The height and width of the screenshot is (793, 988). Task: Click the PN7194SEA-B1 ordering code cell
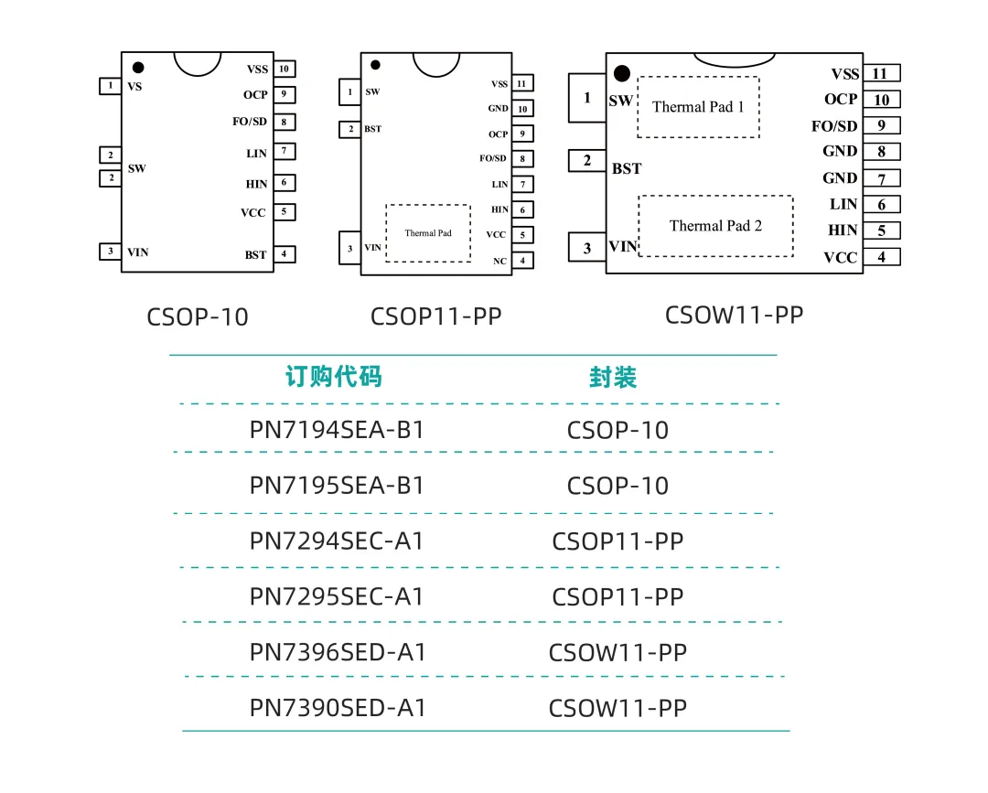point(337,430)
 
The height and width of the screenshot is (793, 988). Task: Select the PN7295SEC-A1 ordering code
point(337,596)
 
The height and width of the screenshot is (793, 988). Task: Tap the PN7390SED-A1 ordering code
point(338,708)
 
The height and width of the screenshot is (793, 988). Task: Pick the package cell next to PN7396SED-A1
point(617,652)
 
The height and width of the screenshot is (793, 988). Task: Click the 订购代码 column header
point(333,377)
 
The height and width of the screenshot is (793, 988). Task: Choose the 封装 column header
point(613,377)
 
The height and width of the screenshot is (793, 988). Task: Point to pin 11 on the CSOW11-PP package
point(882,73)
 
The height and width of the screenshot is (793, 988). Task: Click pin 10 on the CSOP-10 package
point(285,69)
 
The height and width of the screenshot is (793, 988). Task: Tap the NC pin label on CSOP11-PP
point(499,261)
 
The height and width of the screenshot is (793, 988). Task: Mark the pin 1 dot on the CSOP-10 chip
point(138,68)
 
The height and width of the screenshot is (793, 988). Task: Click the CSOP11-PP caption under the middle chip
point(436,316)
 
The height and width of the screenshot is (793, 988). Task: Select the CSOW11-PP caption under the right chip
point(734,315)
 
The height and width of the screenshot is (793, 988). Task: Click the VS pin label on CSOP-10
point(134,86)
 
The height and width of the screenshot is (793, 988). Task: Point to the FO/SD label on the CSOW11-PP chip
point(834,126)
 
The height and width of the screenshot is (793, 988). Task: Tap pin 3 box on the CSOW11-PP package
point(587,248)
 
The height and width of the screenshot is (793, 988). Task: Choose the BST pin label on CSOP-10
point(256,254)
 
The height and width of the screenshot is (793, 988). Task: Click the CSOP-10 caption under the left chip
point(198,316)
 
